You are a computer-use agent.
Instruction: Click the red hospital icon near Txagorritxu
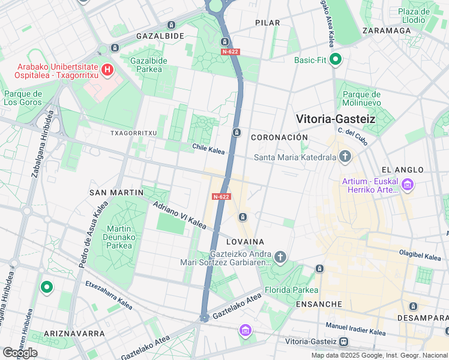[x=107, y=70]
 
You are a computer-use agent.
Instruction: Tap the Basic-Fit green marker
[x=336, y=60]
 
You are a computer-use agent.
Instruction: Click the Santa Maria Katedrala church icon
[x=345, y=157]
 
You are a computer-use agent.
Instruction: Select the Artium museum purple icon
[x=408, y=185]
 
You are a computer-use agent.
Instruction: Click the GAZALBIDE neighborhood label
[x=160, y=36]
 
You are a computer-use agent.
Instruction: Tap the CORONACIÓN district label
[x=279, y=137]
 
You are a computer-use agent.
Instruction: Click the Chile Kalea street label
[x=208, y=147]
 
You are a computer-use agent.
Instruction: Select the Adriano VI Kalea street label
[x=179, y=215]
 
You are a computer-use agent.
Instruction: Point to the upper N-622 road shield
[x=230, y=52]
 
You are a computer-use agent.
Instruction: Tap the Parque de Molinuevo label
[x=361, y=98]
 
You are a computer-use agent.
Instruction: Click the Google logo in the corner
[x=20, y=352]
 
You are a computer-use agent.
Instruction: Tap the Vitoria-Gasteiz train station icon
[x=343, y=341]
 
